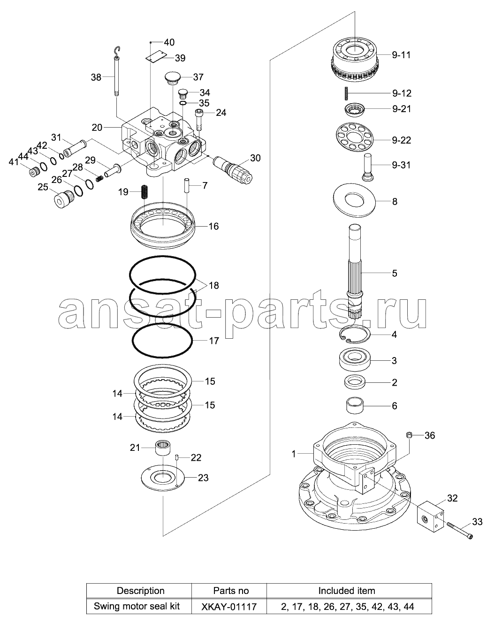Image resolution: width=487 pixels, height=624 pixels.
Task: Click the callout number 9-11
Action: tap(401, 55)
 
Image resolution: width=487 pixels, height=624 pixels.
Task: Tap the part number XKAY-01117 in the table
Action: tap(229, 607)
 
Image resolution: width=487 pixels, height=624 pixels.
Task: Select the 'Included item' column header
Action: tap(347, 591)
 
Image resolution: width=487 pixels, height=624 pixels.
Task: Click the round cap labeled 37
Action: tap(172, 77)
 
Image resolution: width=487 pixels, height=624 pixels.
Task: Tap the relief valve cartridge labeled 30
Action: tap(233, 168)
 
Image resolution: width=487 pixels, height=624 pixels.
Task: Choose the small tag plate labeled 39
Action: tap(156, 56)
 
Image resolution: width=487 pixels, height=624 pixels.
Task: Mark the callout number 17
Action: tap(213, 341)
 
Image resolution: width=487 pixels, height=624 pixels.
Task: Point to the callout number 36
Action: tap(429, 435)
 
